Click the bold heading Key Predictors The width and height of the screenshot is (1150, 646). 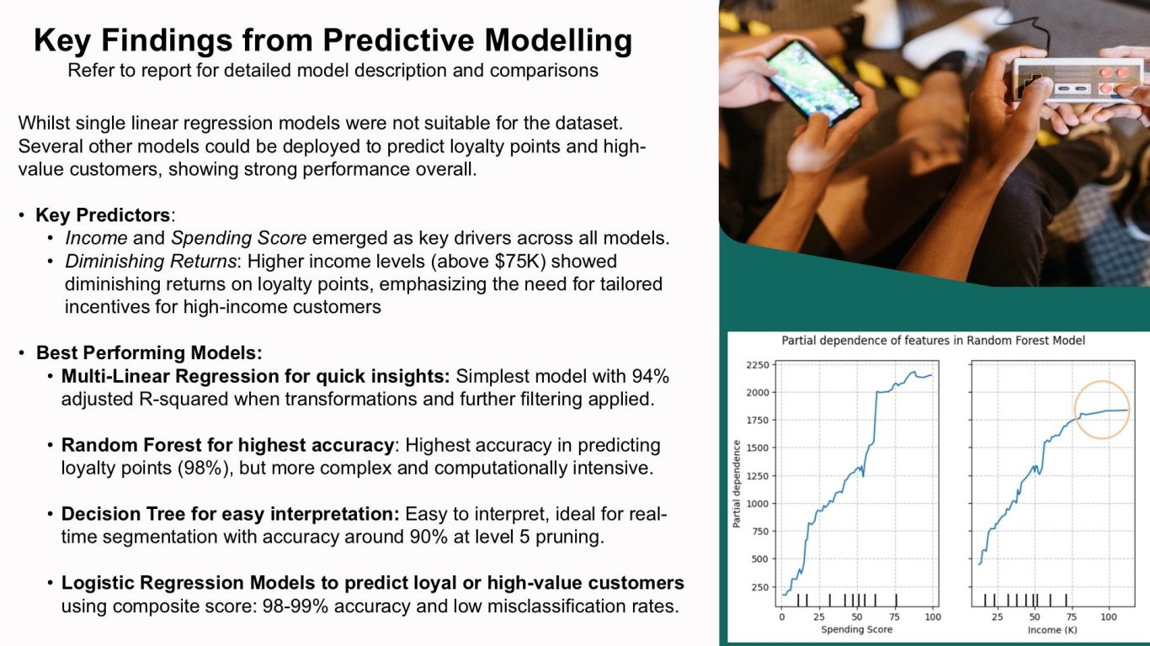103,215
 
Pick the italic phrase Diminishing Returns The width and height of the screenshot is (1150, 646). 151,261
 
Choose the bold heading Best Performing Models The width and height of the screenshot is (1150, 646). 149,353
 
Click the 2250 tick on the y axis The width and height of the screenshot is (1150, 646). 758,365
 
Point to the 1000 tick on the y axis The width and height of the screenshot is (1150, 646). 758,503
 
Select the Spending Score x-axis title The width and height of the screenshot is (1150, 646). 856,629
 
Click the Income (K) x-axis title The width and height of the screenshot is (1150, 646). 1052,629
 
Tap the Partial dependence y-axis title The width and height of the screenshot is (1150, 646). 737,484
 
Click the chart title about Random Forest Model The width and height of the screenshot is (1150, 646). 933,341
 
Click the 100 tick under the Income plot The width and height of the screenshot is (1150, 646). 1109,617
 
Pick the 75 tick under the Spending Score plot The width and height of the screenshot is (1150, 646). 895,617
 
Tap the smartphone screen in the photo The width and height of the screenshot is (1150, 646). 814,82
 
